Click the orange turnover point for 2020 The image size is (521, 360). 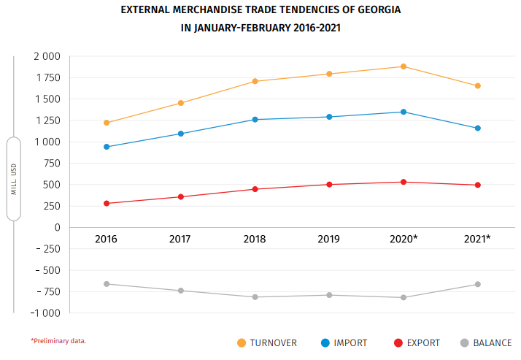click(404, 66)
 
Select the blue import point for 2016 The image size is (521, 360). click(107, 147)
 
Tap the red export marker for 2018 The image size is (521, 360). click(255, 189)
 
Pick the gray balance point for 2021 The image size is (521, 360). click(477, 284)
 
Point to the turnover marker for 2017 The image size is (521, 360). click(180, 103)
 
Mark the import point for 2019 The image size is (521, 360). click(329, 117)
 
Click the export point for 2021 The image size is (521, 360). click(477, 185)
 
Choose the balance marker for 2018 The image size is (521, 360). click(255, 297)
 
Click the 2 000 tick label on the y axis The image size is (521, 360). click(47, 56)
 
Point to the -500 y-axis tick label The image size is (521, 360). click(47, 270)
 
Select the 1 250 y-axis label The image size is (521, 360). click(47, 120)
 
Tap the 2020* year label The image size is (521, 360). click(404, 239)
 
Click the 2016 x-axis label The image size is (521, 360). click(107, 239)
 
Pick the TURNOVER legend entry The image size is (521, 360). click(272, 342)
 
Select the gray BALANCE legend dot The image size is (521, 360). click(464, 342)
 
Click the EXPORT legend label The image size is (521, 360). click(423, 342)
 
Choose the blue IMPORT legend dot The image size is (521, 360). click(325, 342)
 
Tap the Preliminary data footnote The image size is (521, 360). click(58, 340)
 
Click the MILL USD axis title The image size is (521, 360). click(14, 179)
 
